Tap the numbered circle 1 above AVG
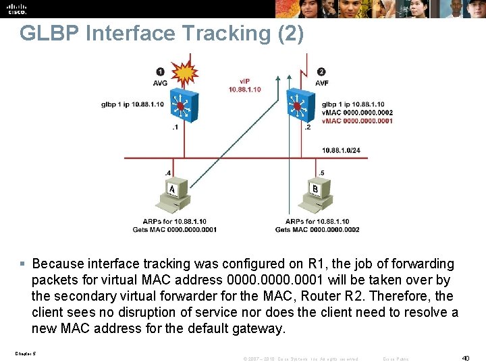point(160,71)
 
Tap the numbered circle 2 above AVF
point(321,71)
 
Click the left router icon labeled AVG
point(181,107)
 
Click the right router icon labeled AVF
point(298,107)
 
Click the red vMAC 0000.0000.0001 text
point(357,121)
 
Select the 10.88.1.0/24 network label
point(345,150)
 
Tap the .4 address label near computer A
point(167,173)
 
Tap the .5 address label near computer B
point(321,173)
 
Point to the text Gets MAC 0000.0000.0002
point(317,229)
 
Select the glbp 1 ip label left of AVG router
point(132,104)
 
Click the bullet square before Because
point(24,264)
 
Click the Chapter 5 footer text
point(24,353)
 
